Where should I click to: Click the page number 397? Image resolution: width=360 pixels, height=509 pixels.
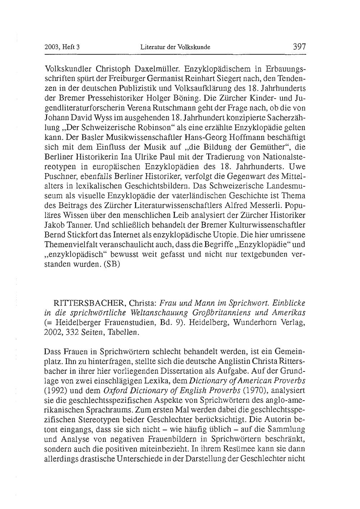tap(299, 46)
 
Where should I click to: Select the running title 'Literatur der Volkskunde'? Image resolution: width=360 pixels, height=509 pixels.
tap(175, 47)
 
